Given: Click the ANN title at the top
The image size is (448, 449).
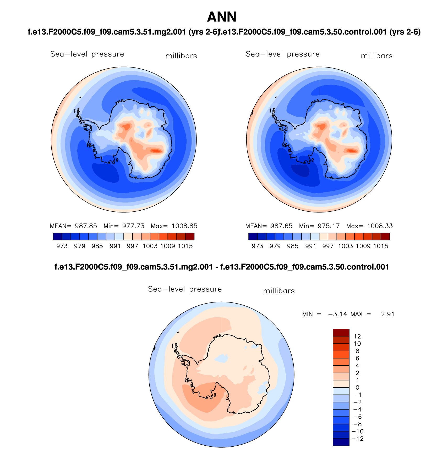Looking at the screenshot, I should pos(222,17).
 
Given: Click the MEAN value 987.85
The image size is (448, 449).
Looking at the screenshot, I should pos(86,226).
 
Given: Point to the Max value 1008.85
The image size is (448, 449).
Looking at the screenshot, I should pos(184,226).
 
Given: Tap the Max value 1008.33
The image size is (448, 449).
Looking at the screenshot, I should pos(380,226).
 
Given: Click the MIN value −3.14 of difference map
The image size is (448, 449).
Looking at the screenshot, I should pos(337,314).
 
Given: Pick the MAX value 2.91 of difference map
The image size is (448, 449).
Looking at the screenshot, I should pos(387,314).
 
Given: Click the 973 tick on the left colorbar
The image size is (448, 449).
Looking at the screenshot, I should pos(62,246).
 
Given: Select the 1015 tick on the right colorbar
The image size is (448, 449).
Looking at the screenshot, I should pos(381,246).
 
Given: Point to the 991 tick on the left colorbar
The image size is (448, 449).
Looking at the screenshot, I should pos(115,246).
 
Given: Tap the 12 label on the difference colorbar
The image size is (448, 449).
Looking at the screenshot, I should pos(357,336).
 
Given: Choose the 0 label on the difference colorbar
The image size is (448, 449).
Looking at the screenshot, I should pos(357,388).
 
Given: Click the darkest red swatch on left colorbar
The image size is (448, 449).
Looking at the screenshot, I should pos(190,237).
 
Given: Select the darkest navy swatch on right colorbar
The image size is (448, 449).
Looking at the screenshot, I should pos(253,237).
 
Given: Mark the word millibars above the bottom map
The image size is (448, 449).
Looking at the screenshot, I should pos(279,291).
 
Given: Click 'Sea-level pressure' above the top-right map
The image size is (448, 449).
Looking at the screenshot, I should pos(282,54).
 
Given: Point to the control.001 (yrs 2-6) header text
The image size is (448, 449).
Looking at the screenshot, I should pos(320,32).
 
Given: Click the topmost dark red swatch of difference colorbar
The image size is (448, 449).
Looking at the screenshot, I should pos(341,333).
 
